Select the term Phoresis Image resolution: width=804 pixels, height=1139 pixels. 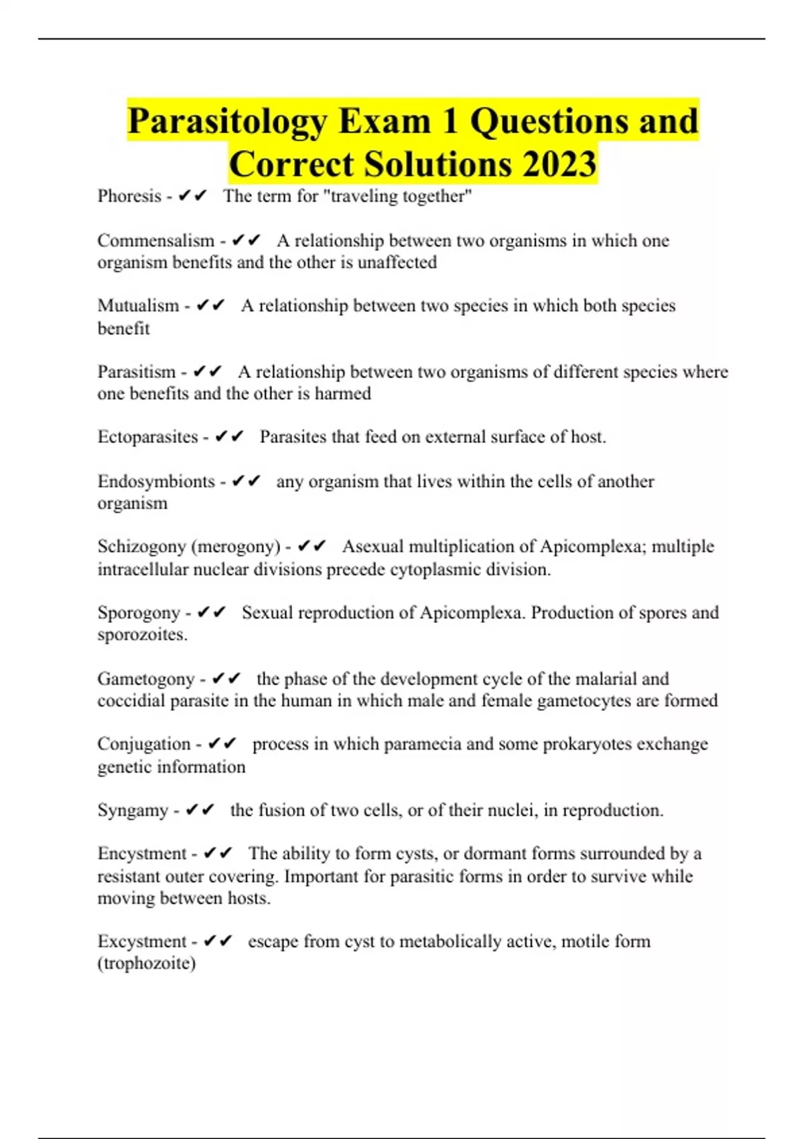tap(129, 196)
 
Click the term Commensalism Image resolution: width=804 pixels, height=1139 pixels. tap(155, 241)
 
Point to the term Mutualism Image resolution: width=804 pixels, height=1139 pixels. tap(138, 306)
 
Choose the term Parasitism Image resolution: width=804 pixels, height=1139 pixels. tap(136, 372)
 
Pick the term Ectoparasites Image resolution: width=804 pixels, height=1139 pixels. tap(147, 437)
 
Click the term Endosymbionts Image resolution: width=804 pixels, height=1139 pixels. tap(155, 481)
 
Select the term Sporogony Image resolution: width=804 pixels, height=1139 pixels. tap(139, 612)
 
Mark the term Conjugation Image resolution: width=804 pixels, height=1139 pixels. tap(143, 744)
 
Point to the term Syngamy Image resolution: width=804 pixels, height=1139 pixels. tap(133, 810)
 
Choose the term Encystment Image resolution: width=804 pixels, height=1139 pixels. tap(141, 854)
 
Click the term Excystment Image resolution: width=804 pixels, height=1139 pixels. tap(141, 941)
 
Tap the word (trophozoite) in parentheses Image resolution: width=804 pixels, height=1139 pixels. tap(146, 963)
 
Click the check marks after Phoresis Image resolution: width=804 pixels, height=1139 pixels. tap(193, 196)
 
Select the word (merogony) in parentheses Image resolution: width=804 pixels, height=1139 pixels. tap(236, 547)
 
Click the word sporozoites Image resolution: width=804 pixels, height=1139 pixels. tap(142, 634)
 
